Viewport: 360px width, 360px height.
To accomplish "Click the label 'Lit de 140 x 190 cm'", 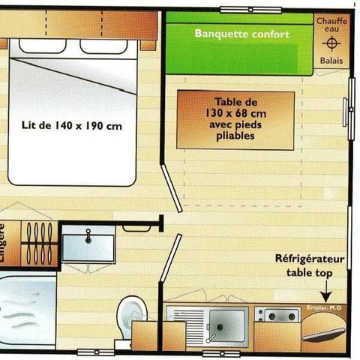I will coord(72,125).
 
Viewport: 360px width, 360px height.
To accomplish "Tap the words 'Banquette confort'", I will coord(241,34).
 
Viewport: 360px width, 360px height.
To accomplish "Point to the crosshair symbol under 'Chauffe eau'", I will coord(331,43).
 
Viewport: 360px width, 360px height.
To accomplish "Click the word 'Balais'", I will coord(331,61).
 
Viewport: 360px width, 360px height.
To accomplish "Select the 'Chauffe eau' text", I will coord(331,25).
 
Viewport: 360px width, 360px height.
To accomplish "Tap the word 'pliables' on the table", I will coord(235,136).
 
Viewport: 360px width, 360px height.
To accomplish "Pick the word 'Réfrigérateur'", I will coord(310,259).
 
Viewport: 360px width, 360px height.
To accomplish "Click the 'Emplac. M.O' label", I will coord(325,307).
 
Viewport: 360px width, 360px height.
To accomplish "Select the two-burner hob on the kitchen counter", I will coord(277,315).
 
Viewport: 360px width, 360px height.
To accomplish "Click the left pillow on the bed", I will coord(42,47).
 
